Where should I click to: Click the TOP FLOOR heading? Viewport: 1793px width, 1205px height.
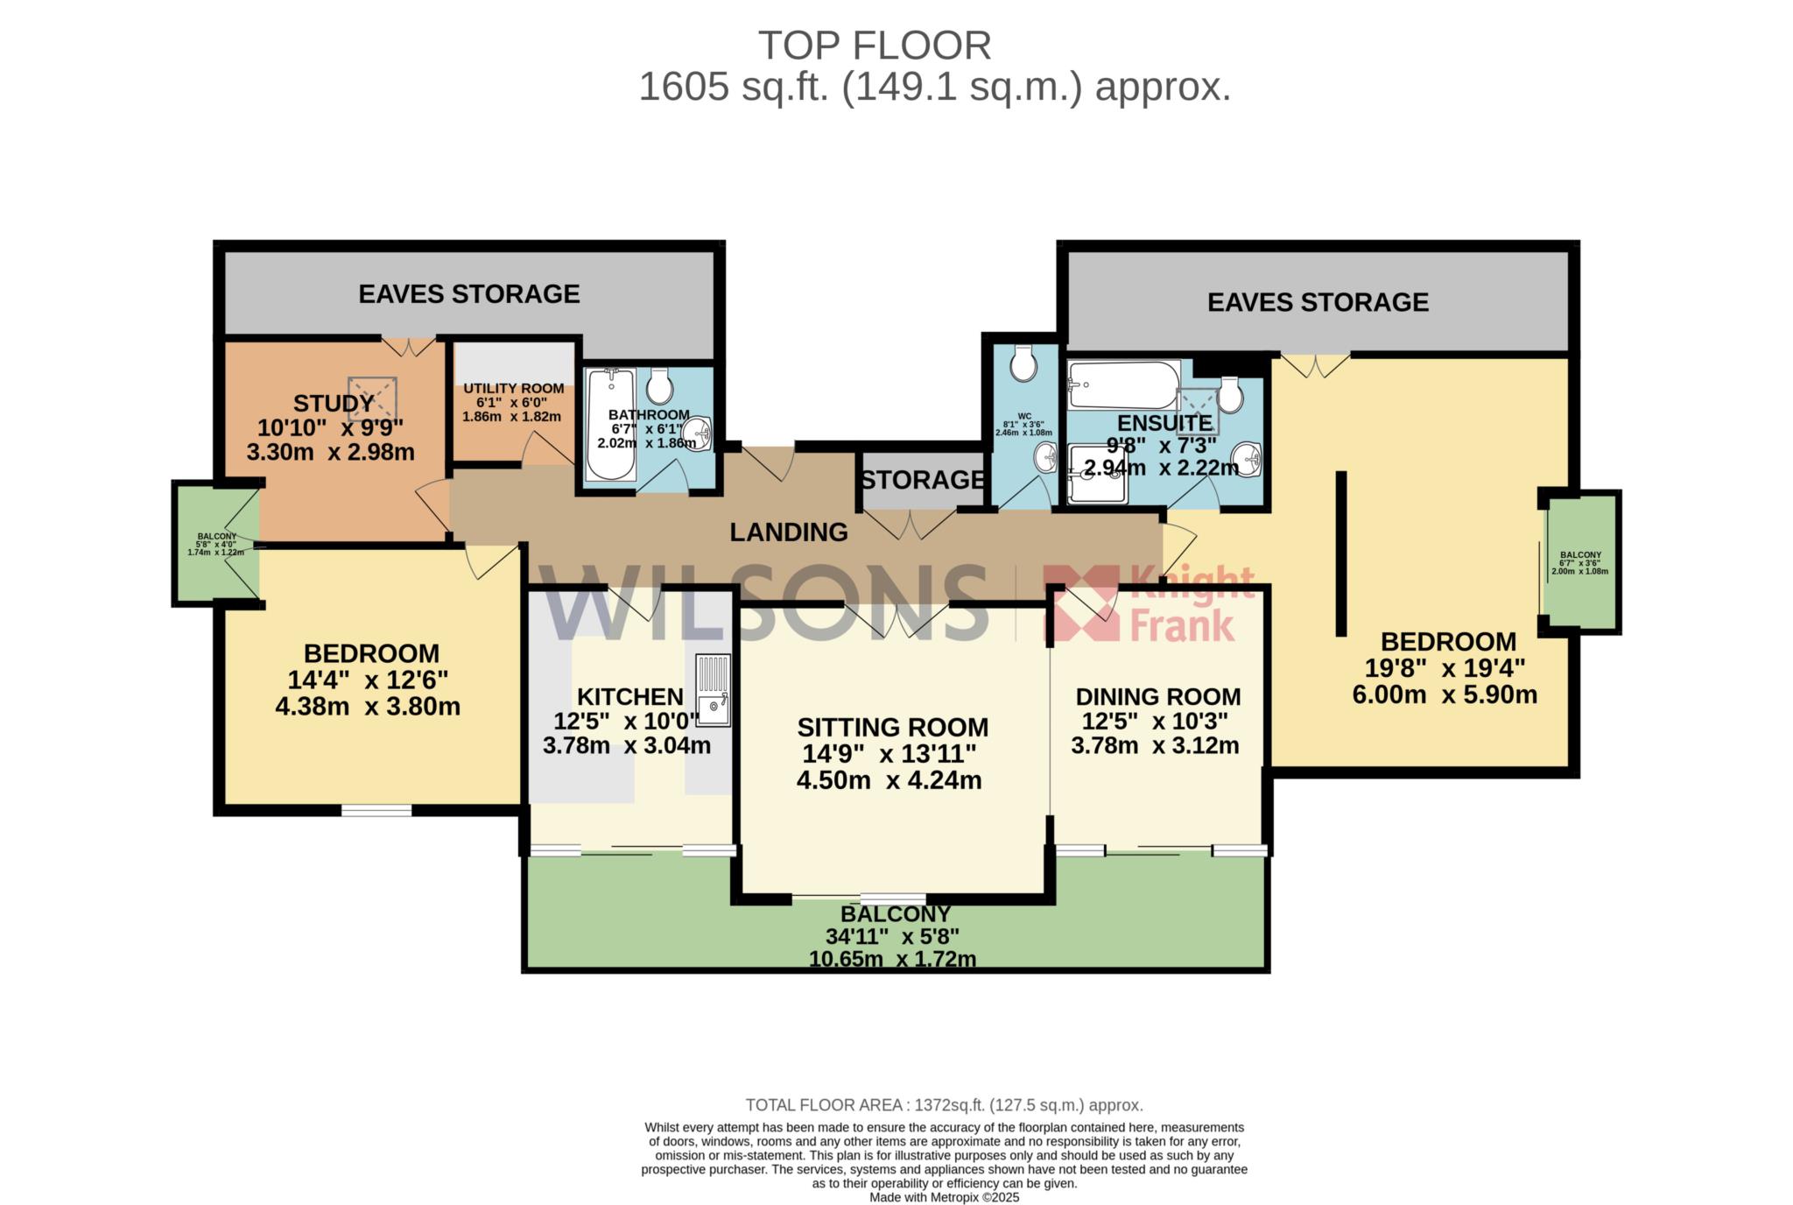[874, 46]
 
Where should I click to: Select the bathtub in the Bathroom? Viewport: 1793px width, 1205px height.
[611, 425]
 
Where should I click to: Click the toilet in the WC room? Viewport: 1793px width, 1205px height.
[1023, 363]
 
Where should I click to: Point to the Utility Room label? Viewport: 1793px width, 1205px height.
[513, 388]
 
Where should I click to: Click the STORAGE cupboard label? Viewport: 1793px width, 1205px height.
[922, 480]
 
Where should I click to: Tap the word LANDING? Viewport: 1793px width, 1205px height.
[789, 532]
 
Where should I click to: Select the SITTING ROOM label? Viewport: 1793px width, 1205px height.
[893, 727]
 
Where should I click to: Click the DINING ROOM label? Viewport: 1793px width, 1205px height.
[1157, 696]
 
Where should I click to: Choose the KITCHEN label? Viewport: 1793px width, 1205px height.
[630, 696]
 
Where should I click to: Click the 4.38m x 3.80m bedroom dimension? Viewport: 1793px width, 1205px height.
[368, 706]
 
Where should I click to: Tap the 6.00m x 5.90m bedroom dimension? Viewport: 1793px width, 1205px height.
[1445, 694]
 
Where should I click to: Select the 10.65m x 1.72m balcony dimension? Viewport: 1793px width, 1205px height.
[892, 959]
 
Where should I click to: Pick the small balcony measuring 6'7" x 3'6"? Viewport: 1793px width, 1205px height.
[1580, 561]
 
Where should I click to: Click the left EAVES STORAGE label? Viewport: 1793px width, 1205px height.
[469, 293]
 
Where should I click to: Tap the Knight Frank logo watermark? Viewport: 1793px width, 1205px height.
[1150, 604]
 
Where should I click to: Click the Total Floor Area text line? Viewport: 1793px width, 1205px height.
[944, 1105]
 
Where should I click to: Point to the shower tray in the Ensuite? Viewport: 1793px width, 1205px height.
[1098, 474]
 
